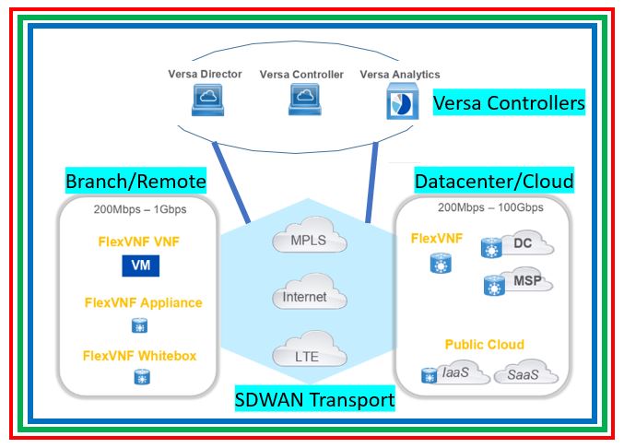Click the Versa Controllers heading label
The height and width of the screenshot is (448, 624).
click(509, 103)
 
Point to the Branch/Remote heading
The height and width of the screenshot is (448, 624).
click(135, 180)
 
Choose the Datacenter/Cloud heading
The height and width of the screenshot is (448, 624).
click(494, 180)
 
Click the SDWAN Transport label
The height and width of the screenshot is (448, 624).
click(315, 400)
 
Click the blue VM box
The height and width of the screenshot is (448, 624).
click(141, 266)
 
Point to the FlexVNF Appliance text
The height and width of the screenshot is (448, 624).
click(143, 302)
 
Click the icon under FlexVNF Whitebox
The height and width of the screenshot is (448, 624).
click(141, 378)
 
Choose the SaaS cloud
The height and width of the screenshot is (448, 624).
click(528, 375)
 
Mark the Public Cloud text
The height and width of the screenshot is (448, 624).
click(484, 345)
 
